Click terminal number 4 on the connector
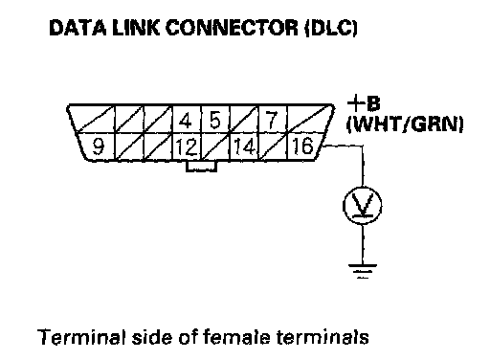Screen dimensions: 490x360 pos(186,121)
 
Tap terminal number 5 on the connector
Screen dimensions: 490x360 pos(215,121)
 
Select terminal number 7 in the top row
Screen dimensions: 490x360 pos(271,121)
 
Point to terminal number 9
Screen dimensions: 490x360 pos(99,146)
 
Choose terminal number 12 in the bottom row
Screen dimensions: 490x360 pos(187,147)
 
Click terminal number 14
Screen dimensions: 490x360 pos(245,146)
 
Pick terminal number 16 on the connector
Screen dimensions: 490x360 pos(303,146)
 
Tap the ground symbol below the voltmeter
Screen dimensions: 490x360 pos(363,271)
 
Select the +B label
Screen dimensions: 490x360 pos(364,103)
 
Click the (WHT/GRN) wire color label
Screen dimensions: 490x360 pos(405,124)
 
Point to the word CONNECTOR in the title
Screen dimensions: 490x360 pos(232,28)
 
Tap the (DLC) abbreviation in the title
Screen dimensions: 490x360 pos(331,28)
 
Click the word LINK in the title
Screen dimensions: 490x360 pos(136,28)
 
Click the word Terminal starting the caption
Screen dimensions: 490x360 pos(81,337)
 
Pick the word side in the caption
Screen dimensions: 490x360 pos(152,337)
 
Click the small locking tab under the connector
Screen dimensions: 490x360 pos(202,167)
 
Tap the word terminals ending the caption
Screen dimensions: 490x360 pos(323,337)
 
